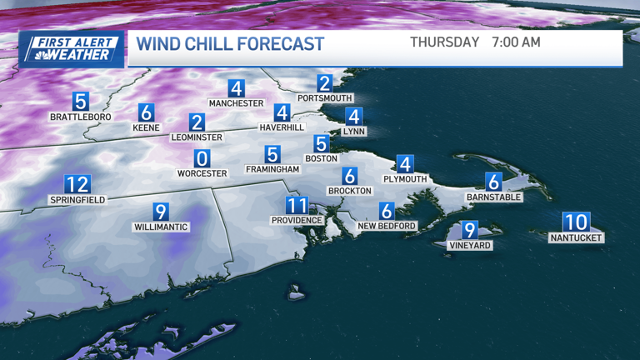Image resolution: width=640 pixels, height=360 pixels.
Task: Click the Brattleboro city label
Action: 80,117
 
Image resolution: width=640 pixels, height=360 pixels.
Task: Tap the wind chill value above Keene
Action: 147,112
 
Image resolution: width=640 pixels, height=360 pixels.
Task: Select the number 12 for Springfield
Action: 77,184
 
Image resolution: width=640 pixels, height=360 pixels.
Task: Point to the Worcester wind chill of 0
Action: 202,158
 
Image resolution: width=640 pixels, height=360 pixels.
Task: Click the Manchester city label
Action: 236,103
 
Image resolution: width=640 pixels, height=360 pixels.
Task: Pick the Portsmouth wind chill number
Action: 325,82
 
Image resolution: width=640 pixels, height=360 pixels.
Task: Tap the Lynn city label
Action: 354,132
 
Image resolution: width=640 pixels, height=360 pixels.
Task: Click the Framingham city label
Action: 272,169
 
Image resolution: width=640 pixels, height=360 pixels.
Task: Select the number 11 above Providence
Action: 297,205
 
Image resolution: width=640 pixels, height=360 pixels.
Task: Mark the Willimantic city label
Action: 162,227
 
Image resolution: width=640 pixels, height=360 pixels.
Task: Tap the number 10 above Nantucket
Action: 576,222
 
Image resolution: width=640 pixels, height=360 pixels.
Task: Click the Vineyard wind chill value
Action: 470,230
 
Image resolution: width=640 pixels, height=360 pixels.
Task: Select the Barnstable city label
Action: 494,197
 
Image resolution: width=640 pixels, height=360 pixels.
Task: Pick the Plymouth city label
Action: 405,179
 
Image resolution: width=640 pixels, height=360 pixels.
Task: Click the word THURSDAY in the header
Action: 444,42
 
